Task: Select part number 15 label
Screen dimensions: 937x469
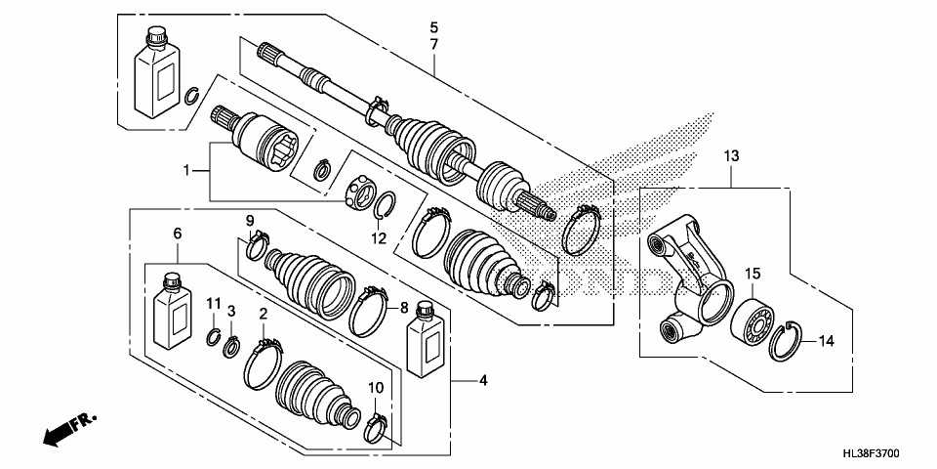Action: pyautogui.click(x=753, y=274)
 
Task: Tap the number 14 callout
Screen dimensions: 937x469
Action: pyautogui.click(x=826, y=341)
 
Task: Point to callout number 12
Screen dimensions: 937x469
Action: pyautogui.click(x=379, y=238)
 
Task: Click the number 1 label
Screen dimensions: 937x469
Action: pyautogui.click(x=186, y=171)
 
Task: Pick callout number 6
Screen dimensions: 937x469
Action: pyautogui.click(x=177, y=234)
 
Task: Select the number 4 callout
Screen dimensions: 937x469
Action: pyautogui.click(x=483, y=380)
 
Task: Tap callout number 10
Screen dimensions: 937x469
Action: pyautogui.click(x=375, y=388)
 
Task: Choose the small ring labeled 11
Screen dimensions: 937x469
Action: pyautogui.click(x=214, y=337)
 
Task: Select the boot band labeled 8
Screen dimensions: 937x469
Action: pyautogui.click(x=369, y=310)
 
